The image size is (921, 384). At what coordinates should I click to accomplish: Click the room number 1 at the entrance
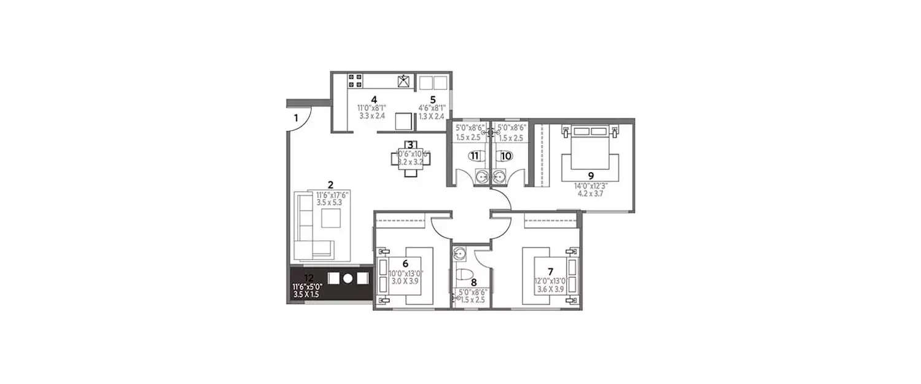click(295, 117)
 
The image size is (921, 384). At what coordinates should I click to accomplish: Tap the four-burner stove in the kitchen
click(355, 81)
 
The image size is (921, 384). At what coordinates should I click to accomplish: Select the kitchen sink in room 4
click(404, 81)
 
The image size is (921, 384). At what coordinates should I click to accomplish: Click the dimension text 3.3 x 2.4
click(371, 115)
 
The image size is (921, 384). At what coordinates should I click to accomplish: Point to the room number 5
click(433, 100)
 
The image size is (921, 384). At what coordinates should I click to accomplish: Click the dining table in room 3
click(410, 159)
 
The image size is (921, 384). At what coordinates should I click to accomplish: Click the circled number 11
click(474, 155)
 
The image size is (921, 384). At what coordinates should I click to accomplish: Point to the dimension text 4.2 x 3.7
click(590, 192)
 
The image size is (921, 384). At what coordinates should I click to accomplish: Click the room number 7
click(550, 271)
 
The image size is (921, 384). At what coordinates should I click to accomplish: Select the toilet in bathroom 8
click(464, 273)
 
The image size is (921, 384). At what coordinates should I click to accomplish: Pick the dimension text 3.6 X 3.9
click(550, 289)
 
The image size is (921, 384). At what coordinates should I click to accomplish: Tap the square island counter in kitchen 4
click(403, 121)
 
